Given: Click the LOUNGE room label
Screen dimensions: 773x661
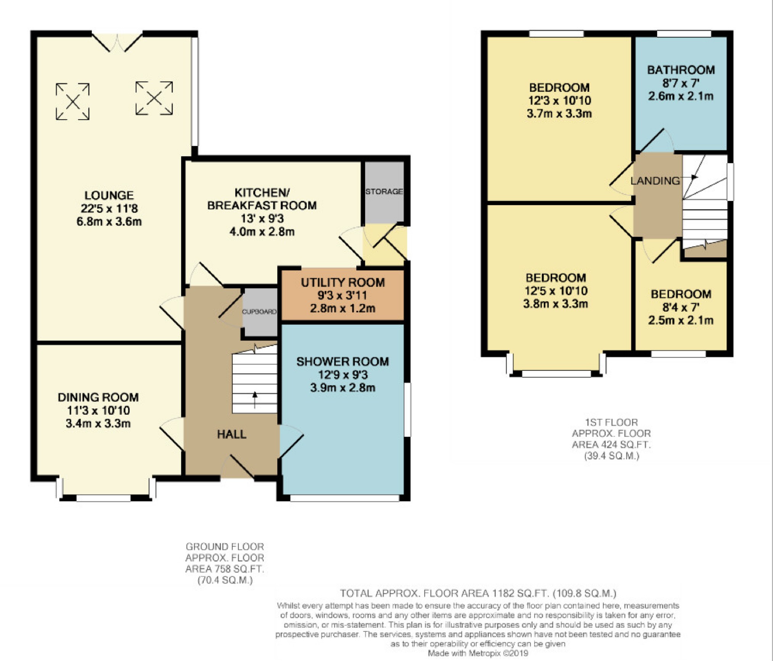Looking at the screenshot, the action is tap(109, 195).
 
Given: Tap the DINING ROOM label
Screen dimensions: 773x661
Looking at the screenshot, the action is tap(98, 397).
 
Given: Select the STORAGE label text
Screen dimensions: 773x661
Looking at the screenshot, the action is tap(384, 191).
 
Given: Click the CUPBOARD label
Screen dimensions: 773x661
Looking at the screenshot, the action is tap(259, 311).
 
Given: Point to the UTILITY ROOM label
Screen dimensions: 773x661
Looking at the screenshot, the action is tap(343, 282).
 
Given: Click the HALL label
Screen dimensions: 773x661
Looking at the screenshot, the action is tap(232, 434).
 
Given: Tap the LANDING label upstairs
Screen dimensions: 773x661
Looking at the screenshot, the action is tap(655, 181).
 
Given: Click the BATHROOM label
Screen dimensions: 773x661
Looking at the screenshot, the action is tap(681, 70).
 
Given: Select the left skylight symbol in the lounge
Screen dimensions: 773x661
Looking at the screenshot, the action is tap(73, 102).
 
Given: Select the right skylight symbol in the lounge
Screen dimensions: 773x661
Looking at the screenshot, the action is tap(154, 98).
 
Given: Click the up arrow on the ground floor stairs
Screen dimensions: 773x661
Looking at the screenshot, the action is tap(255, 400).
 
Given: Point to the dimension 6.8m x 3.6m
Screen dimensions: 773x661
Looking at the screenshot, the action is tap(109, 221).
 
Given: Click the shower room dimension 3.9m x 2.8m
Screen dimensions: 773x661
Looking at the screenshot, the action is tap(343, 387).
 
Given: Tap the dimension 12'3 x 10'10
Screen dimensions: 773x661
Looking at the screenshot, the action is tap(560, 100).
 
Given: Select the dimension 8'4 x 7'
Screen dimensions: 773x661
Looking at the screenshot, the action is tap(681, 307).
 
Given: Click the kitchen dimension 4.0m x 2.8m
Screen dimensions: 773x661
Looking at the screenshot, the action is tap(262, 232).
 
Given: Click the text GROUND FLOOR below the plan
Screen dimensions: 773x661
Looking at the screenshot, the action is tap(225, 547).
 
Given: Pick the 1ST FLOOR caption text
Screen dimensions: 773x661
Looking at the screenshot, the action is tap(612, 422).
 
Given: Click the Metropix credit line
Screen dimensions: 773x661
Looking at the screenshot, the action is tap(478, 653).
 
